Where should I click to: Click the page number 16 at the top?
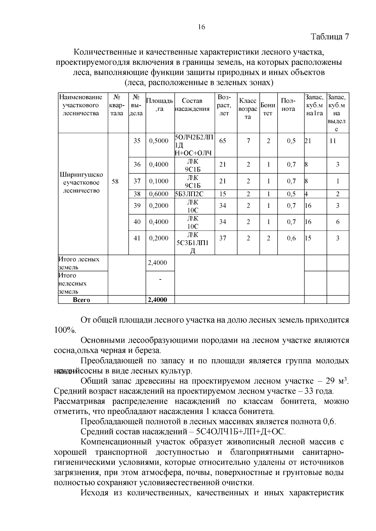coord(201,27)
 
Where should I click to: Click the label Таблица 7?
coord(330,37)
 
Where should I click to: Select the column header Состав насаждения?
coord(192,105)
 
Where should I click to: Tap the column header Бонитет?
coord(268,109)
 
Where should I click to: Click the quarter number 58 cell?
coord(115,181)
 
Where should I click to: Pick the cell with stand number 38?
coord(137,194)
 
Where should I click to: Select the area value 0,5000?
coord(159,141)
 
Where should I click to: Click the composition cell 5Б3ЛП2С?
coord(189,194)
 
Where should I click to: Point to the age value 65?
coord(223,141)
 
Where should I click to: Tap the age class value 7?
coord(248,141)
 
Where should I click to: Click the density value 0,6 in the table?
coord(291,238)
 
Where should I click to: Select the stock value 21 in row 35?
coord(308,141)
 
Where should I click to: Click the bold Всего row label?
coord(81,300)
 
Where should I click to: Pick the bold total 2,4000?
coord(158,300)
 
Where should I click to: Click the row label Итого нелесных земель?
coord(73,283)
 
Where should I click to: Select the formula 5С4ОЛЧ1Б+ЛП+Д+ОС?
coord(241,432)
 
